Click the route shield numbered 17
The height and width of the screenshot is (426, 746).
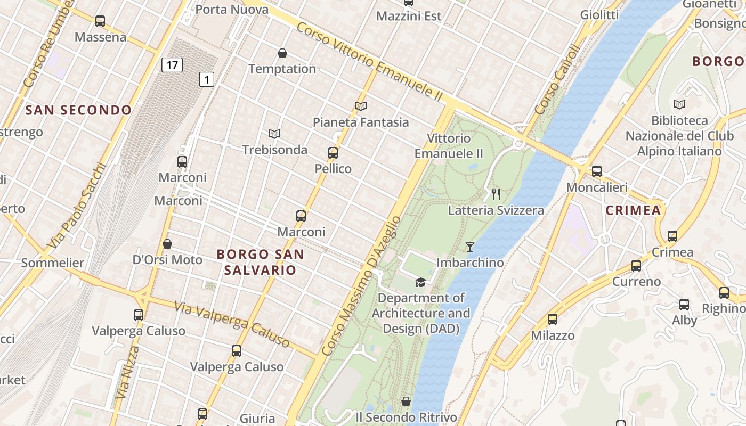(172, 65)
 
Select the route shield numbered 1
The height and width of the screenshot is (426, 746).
(207, 80)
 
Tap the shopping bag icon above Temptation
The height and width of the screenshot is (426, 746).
(282, 53)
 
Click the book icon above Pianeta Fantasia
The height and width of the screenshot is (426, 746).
(361, 106)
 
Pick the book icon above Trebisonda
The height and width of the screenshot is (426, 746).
(274, 134)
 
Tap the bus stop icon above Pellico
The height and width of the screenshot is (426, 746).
(333, 153)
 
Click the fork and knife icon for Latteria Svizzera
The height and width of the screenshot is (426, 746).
(496, 194)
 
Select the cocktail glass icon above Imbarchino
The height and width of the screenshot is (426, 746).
(469, 247)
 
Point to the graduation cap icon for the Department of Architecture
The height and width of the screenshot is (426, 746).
(420, 282)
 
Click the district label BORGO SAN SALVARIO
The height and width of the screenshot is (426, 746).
(260, 262)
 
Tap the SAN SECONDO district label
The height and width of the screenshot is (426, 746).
(78, 110)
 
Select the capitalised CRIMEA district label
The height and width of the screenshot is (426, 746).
(633, 210)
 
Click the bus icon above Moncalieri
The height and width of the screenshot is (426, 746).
(597, 171)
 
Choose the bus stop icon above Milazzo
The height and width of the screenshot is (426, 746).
(553, 319)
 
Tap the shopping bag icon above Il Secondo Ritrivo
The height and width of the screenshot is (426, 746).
(406, 402)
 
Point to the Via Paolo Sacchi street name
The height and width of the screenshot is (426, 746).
(77, 205)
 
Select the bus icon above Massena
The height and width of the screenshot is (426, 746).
(100, 21)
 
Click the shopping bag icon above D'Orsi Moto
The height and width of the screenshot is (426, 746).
(167, 244)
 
